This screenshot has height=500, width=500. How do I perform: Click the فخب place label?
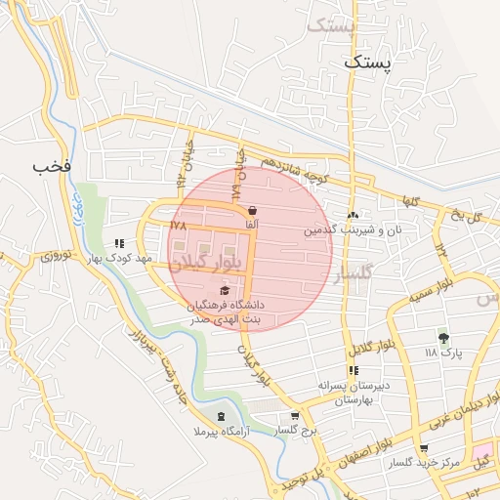[52, 165]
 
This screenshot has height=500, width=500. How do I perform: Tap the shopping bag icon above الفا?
[252, 210]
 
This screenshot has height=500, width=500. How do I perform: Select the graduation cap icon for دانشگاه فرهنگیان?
[226, 290]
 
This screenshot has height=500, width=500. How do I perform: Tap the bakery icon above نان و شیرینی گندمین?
[353, 215]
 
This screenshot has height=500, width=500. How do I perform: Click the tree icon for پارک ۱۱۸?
[443, 338]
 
